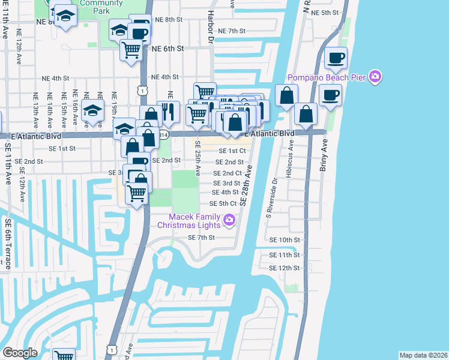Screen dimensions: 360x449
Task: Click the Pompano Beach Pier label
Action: click(327, 77)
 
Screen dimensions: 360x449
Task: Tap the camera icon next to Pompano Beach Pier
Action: click(376, 76)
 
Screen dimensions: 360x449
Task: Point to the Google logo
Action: click(20, 352)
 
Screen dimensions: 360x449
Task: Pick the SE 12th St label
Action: click(284, 268)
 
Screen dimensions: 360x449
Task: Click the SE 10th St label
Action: click(284, 239)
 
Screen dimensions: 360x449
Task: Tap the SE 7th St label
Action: click(201, 238)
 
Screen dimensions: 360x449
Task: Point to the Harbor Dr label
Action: click(211, 28)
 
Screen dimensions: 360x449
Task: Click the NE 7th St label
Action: click(232, 31)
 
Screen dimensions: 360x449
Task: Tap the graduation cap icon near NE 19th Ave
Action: click(93, 112)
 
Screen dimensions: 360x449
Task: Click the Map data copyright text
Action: click(423, 355)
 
